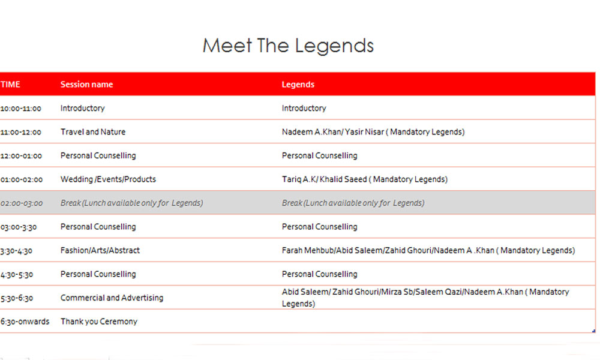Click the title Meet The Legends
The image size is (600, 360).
[288, 46]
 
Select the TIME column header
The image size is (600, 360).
[10, 84]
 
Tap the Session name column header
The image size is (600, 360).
[86, 84]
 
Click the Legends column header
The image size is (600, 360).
[298, 85]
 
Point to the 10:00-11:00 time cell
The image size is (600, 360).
[20, 108]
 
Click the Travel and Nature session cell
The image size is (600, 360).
[93, 131]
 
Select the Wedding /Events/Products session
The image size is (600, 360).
[108, 179]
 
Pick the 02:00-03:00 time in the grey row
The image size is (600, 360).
[22, 203]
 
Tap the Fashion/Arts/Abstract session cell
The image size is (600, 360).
[100, 250]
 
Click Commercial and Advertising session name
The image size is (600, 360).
[112, 298]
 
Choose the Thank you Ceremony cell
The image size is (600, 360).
[99, 322]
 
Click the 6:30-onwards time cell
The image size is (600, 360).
[25, 322]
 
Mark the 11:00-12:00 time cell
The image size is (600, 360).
[20, 132]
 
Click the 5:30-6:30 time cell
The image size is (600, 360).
[17, 298]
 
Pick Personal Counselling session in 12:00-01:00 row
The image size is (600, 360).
[98, 155]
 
